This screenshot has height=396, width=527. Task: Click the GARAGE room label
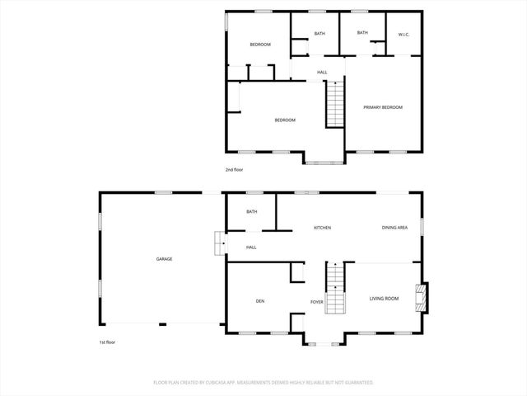[165, 259]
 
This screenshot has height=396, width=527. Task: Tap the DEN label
[259, 300]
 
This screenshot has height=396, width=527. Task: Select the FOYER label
[316, 302]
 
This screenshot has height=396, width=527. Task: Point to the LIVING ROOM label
[384, 299]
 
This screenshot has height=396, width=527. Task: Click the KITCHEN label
[322, 228]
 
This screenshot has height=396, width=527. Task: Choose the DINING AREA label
[394, 228]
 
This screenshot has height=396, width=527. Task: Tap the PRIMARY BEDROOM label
[384, 107]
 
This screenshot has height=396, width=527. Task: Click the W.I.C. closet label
[403, 35]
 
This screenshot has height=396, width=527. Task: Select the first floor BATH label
[251, 212]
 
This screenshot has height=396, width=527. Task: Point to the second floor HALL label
[322, 73]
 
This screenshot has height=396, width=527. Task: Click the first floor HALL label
[251, 247]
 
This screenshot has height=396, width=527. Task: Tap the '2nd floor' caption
[235, 170]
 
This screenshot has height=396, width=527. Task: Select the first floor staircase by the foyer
[334, 288]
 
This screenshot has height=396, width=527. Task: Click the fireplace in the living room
[421, 298]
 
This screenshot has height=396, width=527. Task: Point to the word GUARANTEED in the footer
[357, 383]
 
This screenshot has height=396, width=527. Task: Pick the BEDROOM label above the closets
[260, 45]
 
